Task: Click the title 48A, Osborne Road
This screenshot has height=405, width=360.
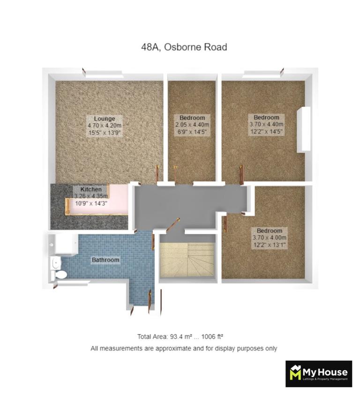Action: (184, 47)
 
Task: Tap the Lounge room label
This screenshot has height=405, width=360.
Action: (104, 118)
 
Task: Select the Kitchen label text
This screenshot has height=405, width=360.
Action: (87, 189)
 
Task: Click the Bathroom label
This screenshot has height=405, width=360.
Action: (105, 260)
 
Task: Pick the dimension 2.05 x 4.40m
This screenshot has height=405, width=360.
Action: (192, 125)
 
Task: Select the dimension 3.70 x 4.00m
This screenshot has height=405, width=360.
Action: (270, 238)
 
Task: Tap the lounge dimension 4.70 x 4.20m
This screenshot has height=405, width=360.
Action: (104, 125)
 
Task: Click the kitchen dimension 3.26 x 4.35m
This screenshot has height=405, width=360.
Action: (92, 196)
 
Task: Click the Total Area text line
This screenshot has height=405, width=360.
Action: (183, 337)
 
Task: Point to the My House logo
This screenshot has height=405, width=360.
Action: (319, 374)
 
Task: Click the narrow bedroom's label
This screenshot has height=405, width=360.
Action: (192, 117)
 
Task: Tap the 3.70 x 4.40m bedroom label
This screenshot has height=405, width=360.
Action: (266, 117)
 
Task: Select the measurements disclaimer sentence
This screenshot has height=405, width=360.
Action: (184, 349)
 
